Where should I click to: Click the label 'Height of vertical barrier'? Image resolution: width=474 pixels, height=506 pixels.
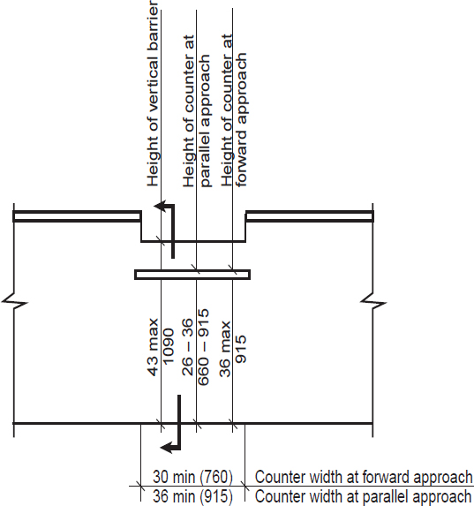(153, 94)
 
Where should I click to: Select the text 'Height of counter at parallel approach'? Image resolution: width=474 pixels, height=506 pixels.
(196, 111)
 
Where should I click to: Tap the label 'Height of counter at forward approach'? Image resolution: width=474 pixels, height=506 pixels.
(234, 110)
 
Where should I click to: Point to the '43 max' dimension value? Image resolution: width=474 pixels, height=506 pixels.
(153, 347)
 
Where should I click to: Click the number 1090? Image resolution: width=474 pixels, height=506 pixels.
(168, 347)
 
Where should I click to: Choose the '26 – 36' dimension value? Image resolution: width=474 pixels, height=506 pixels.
(187, 347)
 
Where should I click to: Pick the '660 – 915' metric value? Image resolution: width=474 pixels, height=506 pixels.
(203, 347)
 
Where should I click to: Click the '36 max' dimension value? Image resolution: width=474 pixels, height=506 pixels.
(225, 349)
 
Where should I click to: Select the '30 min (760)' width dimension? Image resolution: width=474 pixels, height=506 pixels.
(192, 477)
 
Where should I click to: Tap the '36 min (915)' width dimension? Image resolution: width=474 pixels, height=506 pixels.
(192, 496)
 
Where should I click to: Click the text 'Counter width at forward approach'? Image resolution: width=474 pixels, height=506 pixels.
(364, 477)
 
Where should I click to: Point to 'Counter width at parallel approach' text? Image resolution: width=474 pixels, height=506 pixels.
(363, 496)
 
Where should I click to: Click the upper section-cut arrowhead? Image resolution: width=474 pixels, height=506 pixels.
(160, 207)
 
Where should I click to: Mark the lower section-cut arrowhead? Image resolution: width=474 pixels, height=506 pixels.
(166, 447)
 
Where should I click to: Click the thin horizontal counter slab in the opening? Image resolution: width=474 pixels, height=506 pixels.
(192, 275)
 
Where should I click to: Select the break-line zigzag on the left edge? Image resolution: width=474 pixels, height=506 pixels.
(14, 302)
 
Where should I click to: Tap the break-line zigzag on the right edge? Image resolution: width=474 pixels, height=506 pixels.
(373, 302)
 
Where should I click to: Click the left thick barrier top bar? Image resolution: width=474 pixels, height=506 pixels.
(77, 216)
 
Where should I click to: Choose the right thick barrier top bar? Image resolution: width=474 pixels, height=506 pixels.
(310, 216)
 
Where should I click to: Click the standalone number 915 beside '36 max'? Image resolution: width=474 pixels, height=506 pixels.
(241, 349)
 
